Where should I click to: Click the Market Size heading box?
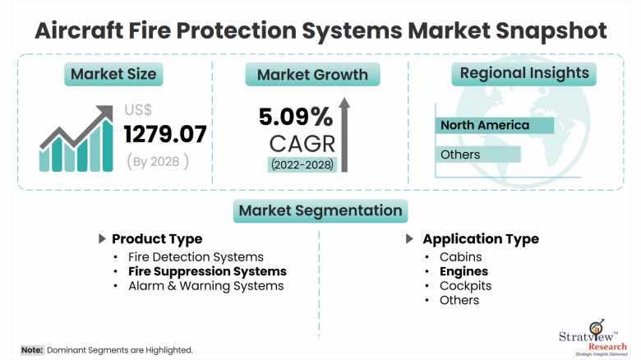pos(113,74)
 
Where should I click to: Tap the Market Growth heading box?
pos(312,75)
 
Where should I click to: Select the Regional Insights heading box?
pos(524,73)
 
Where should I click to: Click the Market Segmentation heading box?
pos(320,210)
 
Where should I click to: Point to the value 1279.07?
pos(165,132)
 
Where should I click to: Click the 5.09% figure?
pos(296,116)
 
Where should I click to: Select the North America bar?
pos(494,126)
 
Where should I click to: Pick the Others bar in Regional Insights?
pos(477,155)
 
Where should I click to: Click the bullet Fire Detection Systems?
pos(196,257)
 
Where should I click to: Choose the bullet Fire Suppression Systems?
pos(207,271)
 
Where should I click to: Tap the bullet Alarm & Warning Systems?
pos(205,285)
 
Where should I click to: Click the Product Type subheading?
pos(156,239)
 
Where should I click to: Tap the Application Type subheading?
pos(480,239)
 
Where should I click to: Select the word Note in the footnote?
pos(32,350)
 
